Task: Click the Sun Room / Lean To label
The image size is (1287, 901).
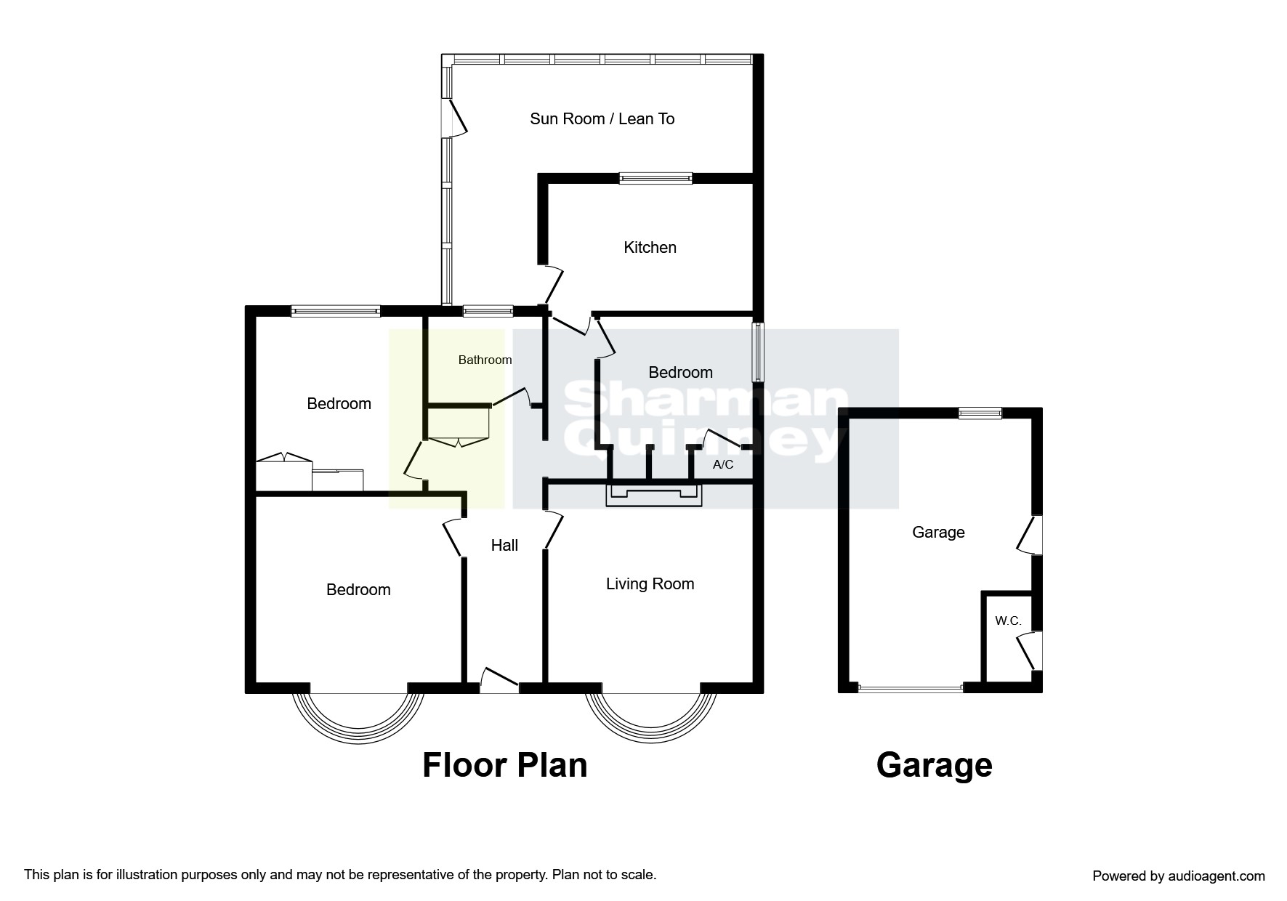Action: tap(602, 118)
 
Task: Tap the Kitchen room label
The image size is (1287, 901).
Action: tap(650, 247)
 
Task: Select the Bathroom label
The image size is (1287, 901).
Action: tap(485, 360)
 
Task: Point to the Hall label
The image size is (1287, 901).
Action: tap(504, 545)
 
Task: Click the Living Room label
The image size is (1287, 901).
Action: tap(650, 583)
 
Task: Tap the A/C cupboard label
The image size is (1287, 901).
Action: tap(723, 464)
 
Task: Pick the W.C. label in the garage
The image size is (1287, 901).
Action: tap(1008, 621)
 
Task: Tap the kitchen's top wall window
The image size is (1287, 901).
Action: tap(655, 178)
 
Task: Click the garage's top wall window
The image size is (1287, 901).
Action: tap(980, 413)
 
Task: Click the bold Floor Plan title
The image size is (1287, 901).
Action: tap(505, 765)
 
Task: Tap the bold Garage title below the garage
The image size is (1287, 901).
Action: tap(935, 765)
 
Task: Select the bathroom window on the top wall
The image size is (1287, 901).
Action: tap(488, 311)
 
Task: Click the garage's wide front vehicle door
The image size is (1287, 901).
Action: tap(911, 687)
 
